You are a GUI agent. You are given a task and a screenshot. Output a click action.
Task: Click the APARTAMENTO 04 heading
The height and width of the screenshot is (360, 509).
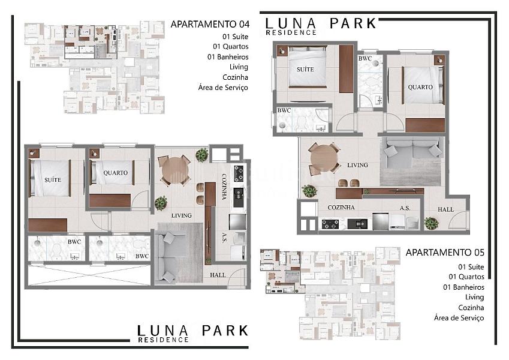click(210, 24)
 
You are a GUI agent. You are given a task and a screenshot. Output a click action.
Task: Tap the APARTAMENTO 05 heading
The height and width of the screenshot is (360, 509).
click(445, 253)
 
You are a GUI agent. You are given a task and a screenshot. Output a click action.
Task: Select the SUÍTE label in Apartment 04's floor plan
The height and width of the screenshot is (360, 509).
click(53, 179)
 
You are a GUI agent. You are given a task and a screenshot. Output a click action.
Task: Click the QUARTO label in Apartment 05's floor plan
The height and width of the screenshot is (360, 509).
click(420, 87)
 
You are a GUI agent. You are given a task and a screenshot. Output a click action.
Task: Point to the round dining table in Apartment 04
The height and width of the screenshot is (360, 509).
click(174, 170)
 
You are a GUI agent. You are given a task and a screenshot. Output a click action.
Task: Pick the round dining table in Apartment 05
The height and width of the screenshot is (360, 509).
click(324, 158)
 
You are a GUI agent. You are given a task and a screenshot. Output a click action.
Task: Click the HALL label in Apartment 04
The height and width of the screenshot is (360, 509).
click(218, 275)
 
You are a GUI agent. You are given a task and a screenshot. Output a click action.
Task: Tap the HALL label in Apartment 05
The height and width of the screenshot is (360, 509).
click(445, 209)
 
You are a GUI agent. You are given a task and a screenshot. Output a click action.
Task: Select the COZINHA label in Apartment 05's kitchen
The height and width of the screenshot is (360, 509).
click(341, 208)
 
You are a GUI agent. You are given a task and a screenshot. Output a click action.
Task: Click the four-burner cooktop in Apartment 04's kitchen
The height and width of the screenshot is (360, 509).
click(239, 173)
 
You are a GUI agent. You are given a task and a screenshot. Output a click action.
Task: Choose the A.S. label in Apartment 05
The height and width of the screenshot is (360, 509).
click(405, 208)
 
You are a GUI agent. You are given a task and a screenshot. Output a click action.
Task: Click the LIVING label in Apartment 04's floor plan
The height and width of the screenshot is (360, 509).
click(181, 215)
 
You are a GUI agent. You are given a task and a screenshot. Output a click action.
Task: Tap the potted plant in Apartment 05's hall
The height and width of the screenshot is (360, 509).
click(432, 223)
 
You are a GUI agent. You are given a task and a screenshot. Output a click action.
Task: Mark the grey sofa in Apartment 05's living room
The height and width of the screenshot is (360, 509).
click(412, 152)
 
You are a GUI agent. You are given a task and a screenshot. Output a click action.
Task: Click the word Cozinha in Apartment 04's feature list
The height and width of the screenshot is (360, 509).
click(235, 77)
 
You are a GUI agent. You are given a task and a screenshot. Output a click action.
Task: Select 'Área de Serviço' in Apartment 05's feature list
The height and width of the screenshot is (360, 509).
click(459, 318)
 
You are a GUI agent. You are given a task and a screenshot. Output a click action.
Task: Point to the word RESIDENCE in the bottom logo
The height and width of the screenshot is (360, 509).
click(163, 340)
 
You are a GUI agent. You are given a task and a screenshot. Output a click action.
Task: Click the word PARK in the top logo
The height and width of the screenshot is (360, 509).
click(353, 23)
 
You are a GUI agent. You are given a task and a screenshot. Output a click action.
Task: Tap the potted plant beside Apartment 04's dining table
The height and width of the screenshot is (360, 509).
click(202, 155)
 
